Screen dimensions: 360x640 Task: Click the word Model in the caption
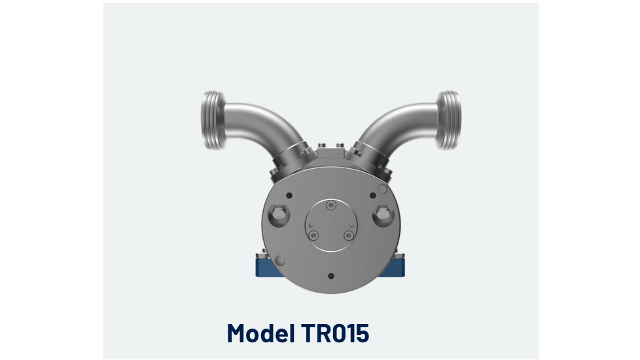pyautogui.click(x=260, y=333)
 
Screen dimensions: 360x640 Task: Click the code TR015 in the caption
pyautogui.click(x=336, y=333)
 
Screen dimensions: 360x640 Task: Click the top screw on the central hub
pyautogui.click(x=331, y=206)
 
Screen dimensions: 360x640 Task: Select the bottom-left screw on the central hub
pyautogui.click(x=314, y=234)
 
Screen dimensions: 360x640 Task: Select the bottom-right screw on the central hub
pyautogui.click(x=349, y=234)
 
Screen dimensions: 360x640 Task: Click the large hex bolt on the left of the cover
pyautogui.click(x=278, y=213)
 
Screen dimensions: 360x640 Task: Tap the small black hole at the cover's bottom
pyautogui.click(x=330, y=276)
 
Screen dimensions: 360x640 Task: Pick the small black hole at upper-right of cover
pyautogui.click(x=372, y=195)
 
